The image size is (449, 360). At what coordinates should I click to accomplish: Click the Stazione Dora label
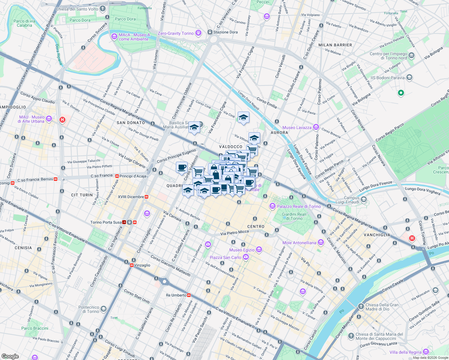225,32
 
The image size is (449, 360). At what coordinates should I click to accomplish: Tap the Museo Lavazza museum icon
316,127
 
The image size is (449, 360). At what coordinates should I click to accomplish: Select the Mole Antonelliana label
299,243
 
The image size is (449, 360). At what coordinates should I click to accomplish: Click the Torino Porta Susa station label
106,222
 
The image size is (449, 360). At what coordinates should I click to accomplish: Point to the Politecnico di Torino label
89,309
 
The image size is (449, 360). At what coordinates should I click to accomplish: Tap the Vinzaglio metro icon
132,265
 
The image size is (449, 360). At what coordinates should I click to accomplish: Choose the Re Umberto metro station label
176,295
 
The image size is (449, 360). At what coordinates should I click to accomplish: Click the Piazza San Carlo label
225,257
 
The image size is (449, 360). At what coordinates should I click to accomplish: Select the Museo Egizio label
242,250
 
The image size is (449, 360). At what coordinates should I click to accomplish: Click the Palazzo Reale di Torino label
299,206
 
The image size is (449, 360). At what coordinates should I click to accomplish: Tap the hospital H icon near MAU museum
62,120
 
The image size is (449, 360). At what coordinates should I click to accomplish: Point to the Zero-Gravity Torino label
176,33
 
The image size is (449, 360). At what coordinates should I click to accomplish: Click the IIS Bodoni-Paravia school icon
409,78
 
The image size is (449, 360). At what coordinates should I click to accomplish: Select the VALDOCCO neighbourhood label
231,147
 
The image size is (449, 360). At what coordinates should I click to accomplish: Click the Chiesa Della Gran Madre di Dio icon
361,307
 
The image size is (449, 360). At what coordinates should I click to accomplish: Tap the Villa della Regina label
405,352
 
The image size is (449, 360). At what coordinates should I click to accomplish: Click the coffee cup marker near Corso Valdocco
182,167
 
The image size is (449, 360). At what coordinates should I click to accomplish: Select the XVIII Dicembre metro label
131,197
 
